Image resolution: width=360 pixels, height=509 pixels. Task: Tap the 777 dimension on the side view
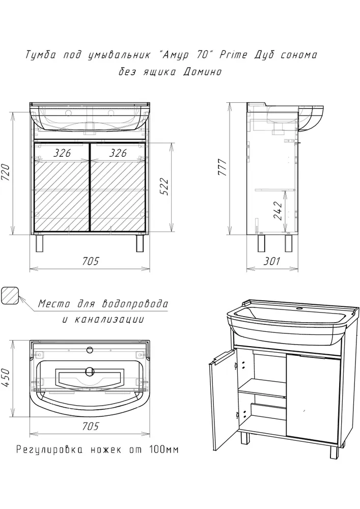coord(223,167)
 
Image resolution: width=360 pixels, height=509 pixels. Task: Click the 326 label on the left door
coord(62,153)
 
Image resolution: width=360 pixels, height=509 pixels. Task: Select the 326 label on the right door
coord(118,153)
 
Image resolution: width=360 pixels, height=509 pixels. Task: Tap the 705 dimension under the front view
coord(90,261)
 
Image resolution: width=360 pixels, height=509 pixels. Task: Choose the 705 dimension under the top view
coord(90,426)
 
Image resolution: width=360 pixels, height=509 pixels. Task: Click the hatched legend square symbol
coord(10,296)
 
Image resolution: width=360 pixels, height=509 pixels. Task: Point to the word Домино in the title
coord(202,71)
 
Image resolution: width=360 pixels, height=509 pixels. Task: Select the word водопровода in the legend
coord(135,304)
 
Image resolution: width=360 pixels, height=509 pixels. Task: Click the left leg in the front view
coord(40,243)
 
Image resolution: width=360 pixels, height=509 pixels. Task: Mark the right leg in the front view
coord(140,243)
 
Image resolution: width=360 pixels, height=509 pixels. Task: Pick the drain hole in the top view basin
coord(90,370)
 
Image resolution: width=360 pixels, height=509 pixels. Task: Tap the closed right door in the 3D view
coord(313,400)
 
